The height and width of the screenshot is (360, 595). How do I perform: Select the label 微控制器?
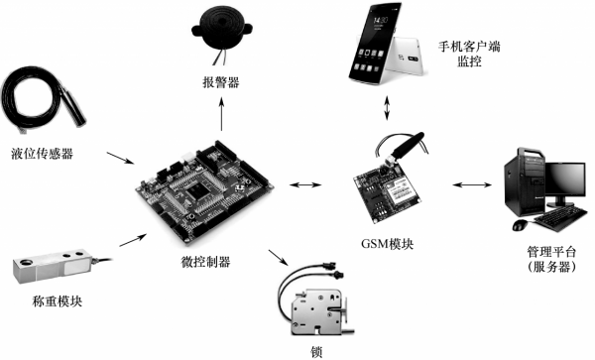click(x=206, y=262)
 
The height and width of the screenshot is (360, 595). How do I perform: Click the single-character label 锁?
click(x=317, y=350)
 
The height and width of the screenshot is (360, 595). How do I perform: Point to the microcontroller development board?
click(x=203, y=194)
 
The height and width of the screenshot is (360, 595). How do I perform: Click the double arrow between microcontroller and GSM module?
click(x=307, y=184)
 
